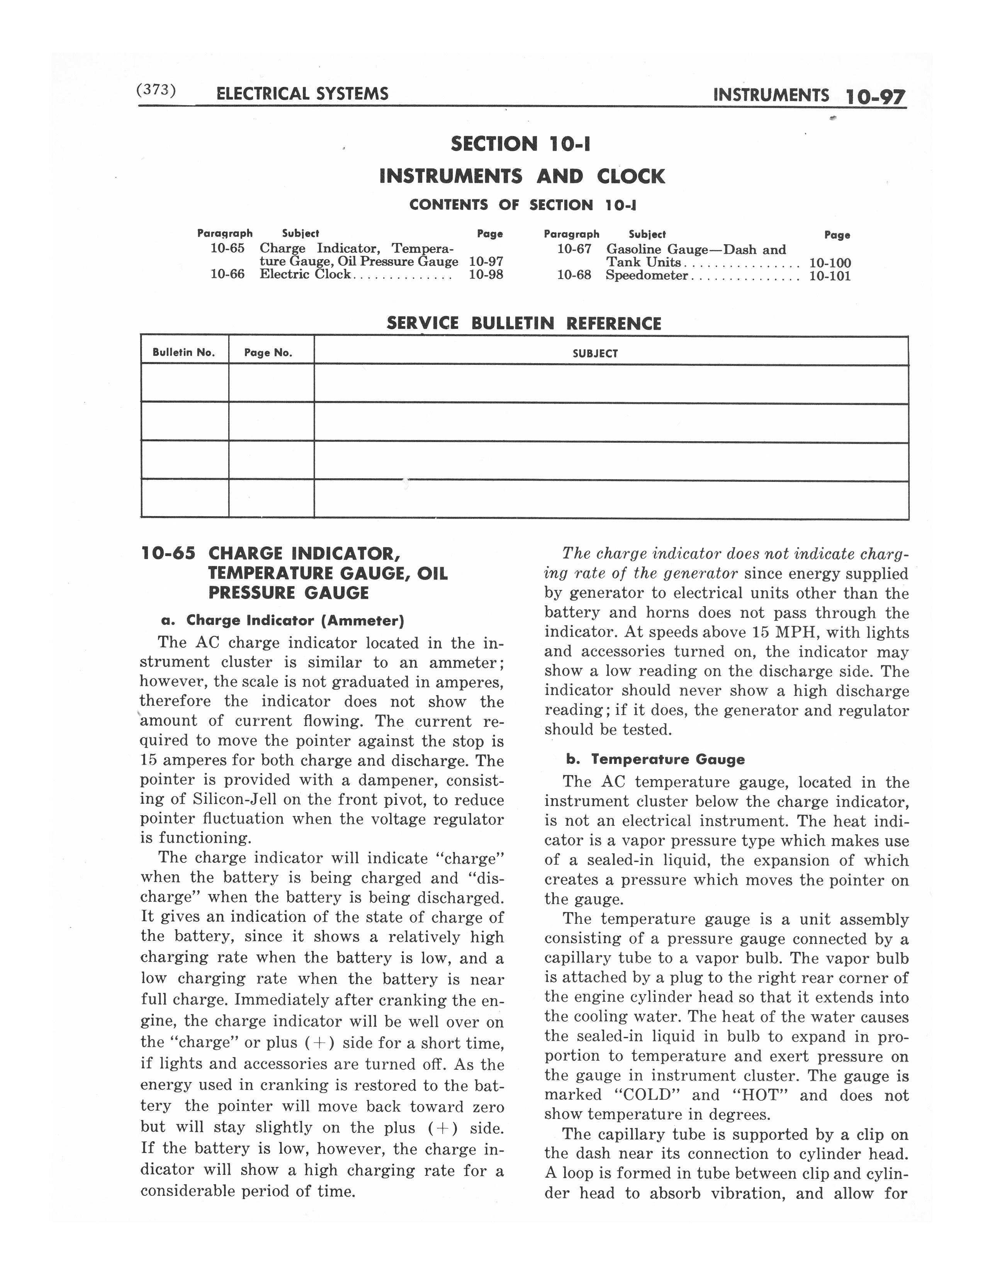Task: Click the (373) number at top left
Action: point(155,90)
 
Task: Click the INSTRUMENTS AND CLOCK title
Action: point(522,176)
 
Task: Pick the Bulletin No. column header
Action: point(184,353)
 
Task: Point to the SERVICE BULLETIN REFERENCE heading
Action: point(524,323)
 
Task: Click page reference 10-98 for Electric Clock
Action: point(486,274)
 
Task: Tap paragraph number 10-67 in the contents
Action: point(574,249)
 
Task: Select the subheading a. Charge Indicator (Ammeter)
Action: point(283,620)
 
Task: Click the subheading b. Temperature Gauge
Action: point(655,760)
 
